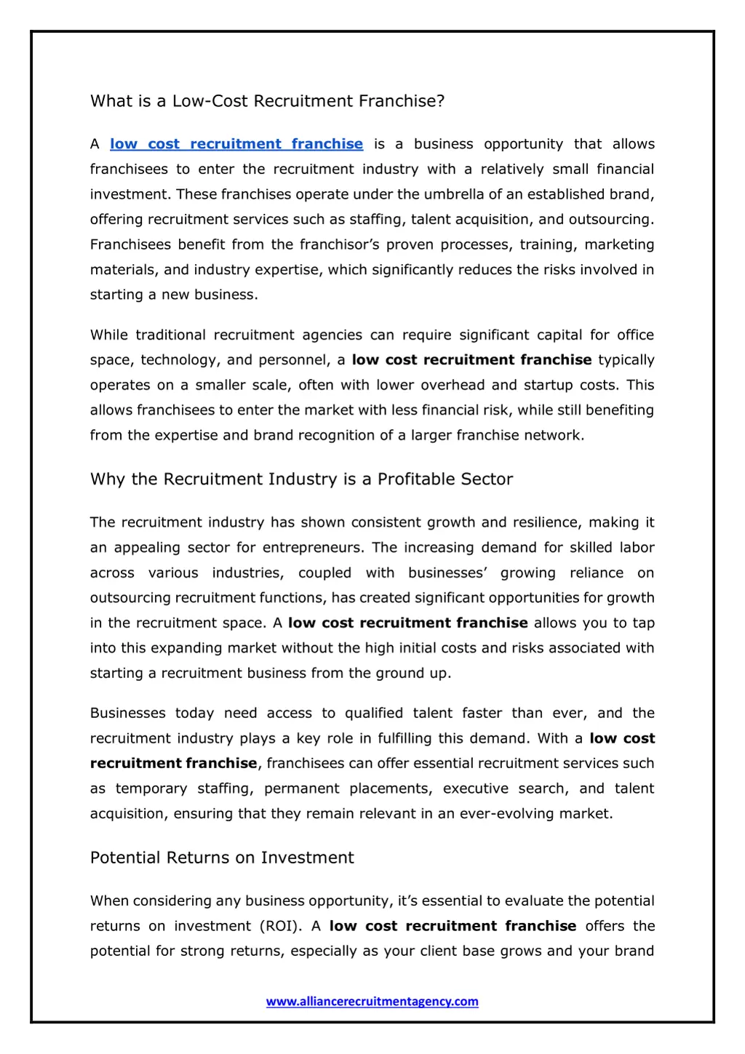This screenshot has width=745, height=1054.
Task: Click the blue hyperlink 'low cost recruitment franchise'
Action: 236,144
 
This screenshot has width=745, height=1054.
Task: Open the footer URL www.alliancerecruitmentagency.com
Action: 372,1001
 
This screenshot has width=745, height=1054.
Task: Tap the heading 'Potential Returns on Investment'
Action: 222,858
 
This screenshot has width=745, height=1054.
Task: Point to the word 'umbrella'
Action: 453,194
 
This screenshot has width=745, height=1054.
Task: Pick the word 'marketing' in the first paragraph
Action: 619,244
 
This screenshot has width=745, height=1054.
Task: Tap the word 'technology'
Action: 179,360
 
